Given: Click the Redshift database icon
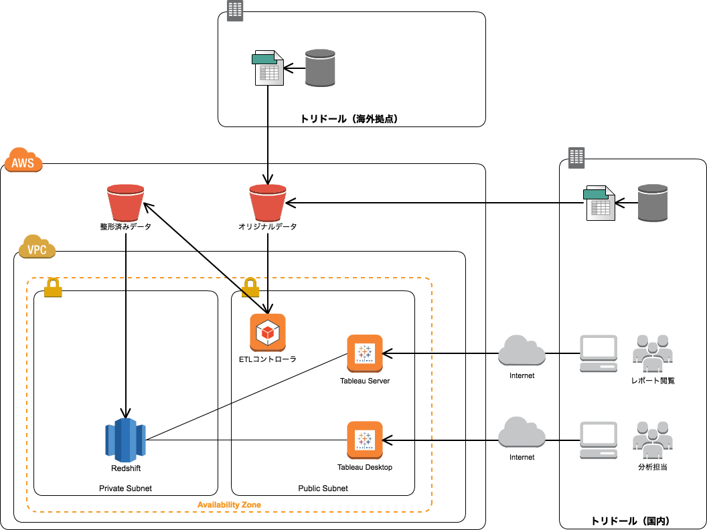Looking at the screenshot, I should [125, 440].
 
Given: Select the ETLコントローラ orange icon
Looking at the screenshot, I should [268, 332].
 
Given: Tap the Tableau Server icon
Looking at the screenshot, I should [365, 353].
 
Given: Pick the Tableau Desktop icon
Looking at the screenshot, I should [365, 440].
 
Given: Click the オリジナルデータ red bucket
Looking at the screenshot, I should [268, 203].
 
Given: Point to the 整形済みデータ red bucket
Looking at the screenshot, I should [126, 203].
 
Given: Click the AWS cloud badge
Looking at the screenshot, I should [23, 161].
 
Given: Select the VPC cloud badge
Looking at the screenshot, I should [37, 248].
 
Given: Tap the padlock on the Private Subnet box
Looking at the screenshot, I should [53, 288].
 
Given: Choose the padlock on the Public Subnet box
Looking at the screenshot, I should [250, 288].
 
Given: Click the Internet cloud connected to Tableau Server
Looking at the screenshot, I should [522, 351].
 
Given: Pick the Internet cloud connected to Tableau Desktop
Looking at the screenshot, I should [522, 432].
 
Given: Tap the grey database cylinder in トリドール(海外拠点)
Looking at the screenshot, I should [320, 68].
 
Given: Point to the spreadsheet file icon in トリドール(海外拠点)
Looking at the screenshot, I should [268, 68].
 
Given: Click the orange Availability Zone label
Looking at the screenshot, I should [229, 505].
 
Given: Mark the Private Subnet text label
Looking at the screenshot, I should [125, 489].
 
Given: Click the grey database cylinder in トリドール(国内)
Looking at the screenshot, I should [653, 203].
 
